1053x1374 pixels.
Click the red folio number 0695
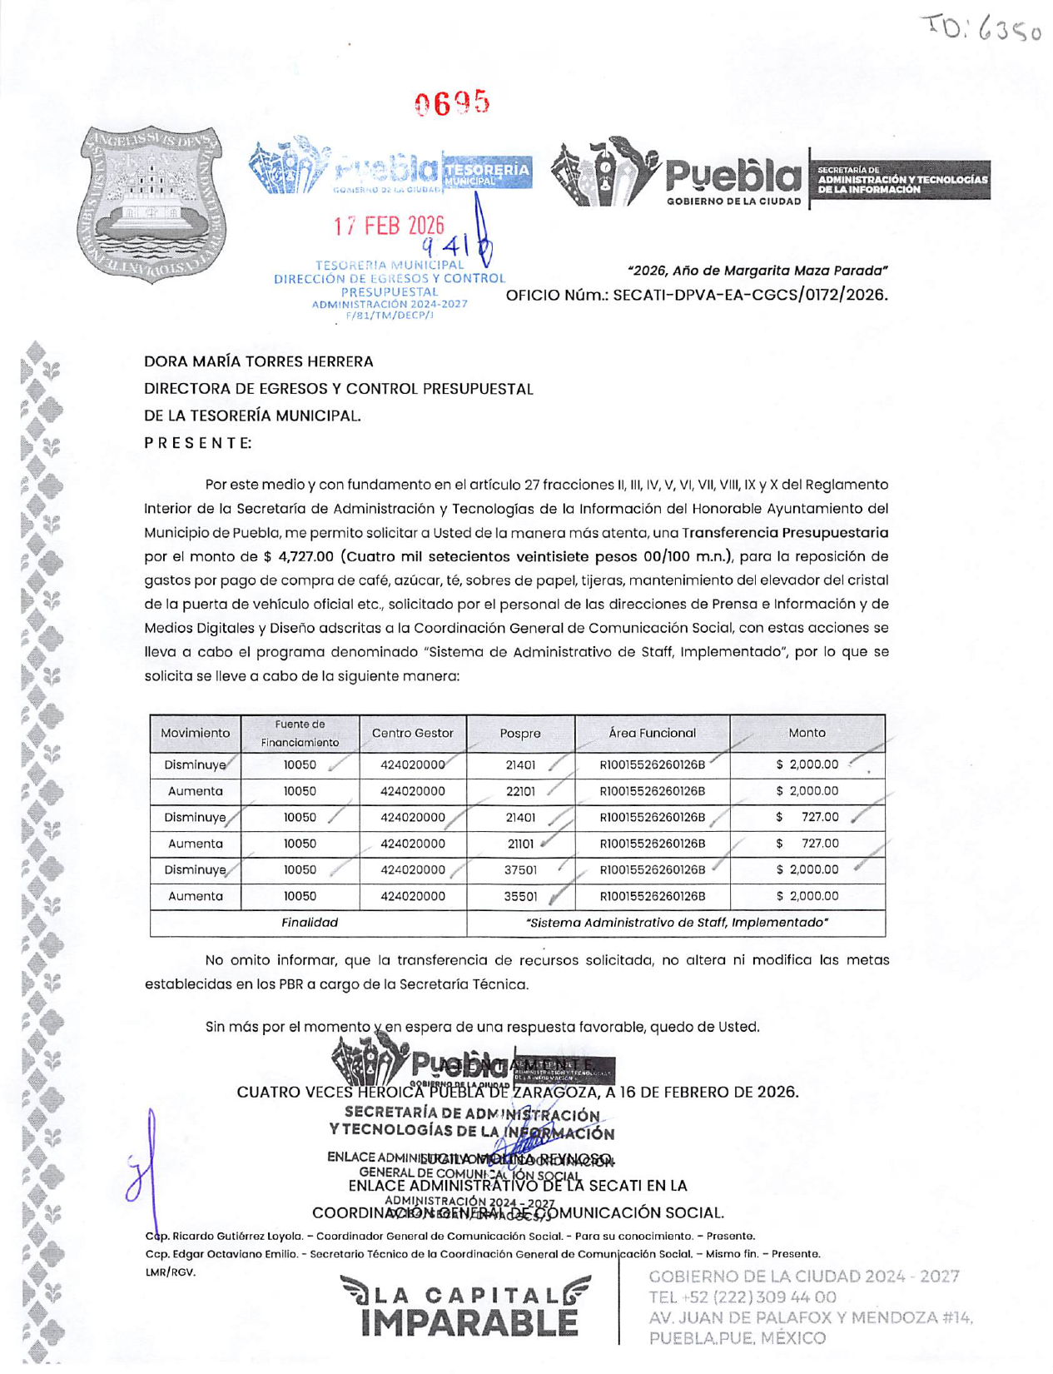(x=452, y=103)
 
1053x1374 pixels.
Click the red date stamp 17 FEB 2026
(x=389, y=226)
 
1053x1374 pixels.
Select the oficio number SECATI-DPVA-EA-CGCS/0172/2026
(x=750, y=295)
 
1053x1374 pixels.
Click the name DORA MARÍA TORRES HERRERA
(x=258, y=361)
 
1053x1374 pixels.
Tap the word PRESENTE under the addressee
(x=197, y=442)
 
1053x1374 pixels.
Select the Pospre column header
(x=520, y=734)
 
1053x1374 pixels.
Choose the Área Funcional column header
(x=652, y=733)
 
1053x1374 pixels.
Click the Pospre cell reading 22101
(x=520, y=791)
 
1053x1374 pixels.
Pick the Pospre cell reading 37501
(x=520, y=869)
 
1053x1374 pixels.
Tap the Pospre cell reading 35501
(x=520, y=897)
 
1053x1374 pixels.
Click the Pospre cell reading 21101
(x=520, y=844)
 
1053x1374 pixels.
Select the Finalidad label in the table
(x=309, y=923)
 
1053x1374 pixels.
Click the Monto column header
(x=807, y=733)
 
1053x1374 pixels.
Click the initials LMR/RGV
(x=171, y=1272)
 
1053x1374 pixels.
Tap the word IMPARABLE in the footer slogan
(x=469, y=1323)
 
